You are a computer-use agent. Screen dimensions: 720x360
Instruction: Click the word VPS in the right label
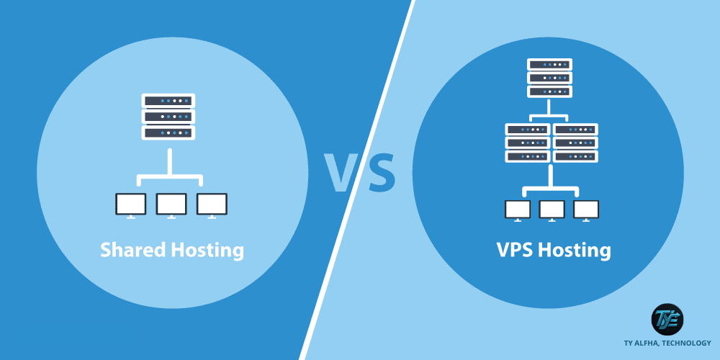pyautogui.click(x=514, y=251)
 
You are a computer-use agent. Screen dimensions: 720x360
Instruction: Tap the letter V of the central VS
pyautogui.click(x=341, y=172)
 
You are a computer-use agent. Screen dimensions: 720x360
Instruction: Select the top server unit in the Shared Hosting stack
pyautogui.click(x=168, y=101)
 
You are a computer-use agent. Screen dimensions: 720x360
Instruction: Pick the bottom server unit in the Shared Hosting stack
pyautogui.click(x=168, y=132)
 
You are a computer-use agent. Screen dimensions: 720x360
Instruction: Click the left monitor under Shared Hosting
pyautogui.click(x=130, y=205)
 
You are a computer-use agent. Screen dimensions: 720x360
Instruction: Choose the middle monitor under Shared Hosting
pyautogui.click(x=171, y=205)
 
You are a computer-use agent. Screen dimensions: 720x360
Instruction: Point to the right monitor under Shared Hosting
pyautogui.click(x=212, y=205)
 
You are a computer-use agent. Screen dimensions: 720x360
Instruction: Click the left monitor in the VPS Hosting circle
pyautogui.click(x=518, y=210)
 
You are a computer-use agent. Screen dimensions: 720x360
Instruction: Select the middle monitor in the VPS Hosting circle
pyautogui.click(x=552, y=210)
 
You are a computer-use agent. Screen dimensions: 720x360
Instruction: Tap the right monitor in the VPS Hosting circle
pyautogui.click(x=586, y=210)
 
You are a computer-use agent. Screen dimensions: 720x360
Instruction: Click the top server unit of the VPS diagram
pyautogui.click(x=549, y=64)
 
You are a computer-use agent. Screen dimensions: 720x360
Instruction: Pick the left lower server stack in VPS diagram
pyautogui.click(x=527, y=143)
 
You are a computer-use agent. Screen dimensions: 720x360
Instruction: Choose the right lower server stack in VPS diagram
pyautogui.click(x=576, y=143)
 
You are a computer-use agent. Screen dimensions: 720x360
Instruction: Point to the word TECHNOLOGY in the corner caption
pyautogui.click(x=688, y=343)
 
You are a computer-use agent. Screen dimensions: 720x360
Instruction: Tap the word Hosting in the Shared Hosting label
pyautogui.click(x=207, y=251)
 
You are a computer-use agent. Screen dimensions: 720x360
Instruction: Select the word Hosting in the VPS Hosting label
pyautogui.click(x=575, y=251)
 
